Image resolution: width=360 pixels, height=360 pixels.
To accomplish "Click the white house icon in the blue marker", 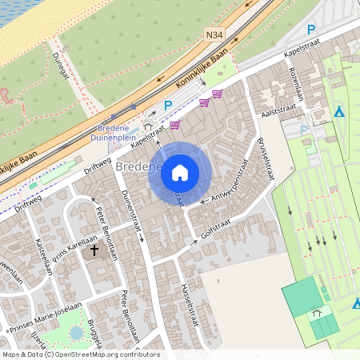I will [x=179, y=172].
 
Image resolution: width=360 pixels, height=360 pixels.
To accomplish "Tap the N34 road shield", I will [x=214, y=35].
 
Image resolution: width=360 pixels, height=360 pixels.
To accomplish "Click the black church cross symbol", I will [x=94, y=250].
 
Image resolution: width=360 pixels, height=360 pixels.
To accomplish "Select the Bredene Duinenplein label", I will [x=120, y=132].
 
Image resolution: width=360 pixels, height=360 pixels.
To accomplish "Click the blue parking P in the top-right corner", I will [x=311, y=30].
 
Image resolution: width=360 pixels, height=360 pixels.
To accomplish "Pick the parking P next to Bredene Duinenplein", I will [x=168, y=106].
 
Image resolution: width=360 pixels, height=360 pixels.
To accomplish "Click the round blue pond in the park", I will [x=76, y=332].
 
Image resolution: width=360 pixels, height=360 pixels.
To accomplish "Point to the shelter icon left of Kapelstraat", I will [x=149, y=126].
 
